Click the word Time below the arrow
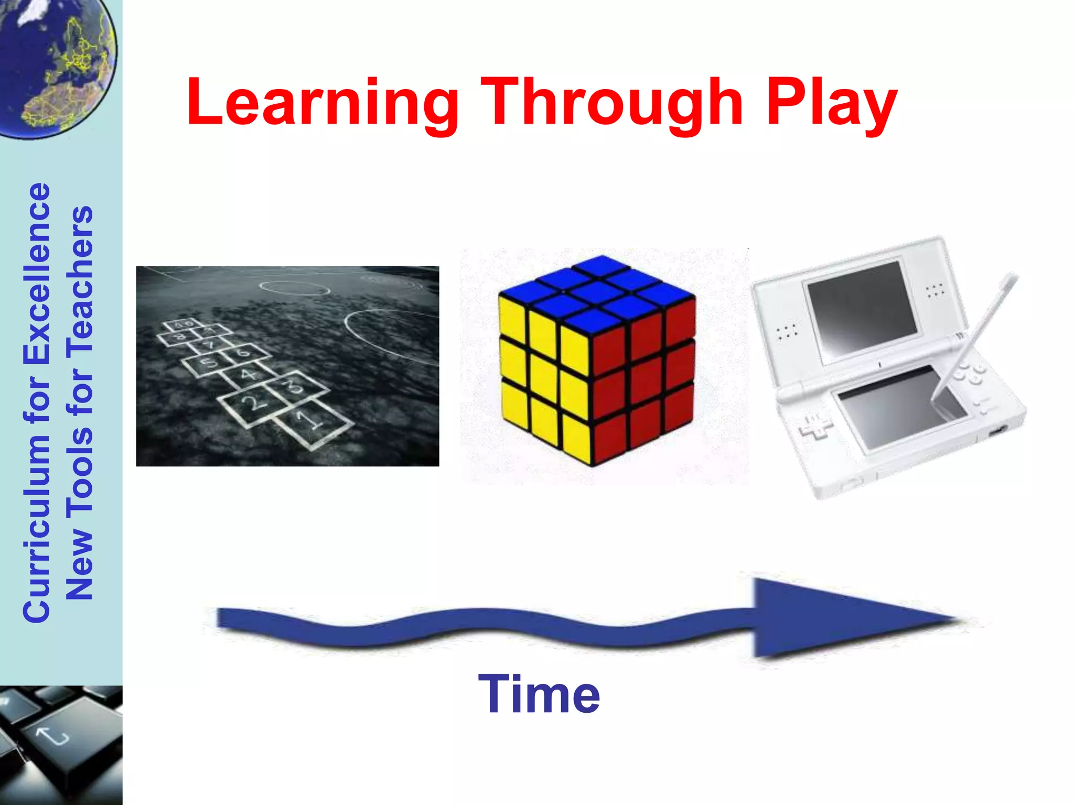click(x=539, y=694)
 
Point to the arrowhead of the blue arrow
click(x=850, y=618)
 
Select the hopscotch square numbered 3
click(x=296, y=386)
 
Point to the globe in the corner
click(x=52, y=63)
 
